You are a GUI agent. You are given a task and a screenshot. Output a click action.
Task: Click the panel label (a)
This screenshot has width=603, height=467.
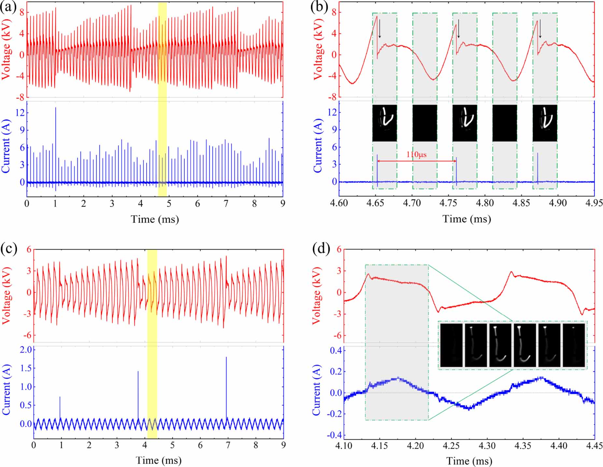[x=8, y=7]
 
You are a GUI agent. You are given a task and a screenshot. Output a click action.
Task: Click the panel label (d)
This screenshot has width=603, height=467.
[x=321, y=249]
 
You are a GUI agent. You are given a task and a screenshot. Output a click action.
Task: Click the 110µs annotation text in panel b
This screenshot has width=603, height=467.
[x=416, y=154]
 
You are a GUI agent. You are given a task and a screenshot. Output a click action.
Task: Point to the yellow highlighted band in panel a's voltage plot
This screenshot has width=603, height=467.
[x=162, y=49]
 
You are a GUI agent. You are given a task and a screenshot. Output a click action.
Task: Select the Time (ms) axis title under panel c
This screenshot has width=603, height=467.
[x=158, y=460]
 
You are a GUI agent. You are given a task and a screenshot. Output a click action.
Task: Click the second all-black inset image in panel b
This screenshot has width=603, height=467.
[x=504, y=123]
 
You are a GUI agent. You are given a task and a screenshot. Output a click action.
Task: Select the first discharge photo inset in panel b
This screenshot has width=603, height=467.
[x=384, y=123]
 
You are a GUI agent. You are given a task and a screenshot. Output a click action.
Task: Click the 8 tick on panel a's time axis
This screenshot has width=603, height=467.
[x=254, y=204]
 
